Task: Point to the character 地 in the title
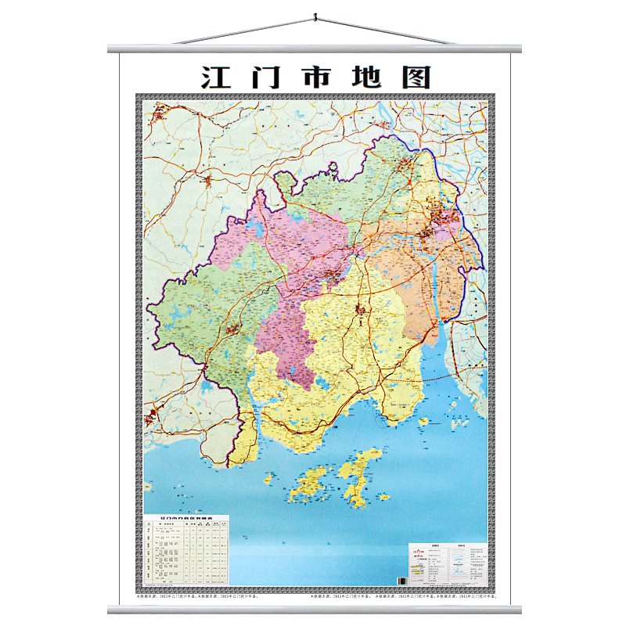(365, 77)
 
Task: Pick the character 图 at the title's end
(415, 77)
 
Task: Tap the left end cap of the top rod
(111, 49)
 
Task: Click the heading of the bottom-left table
(186, 518)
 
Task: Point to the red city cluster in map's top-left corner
(159, 117)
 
